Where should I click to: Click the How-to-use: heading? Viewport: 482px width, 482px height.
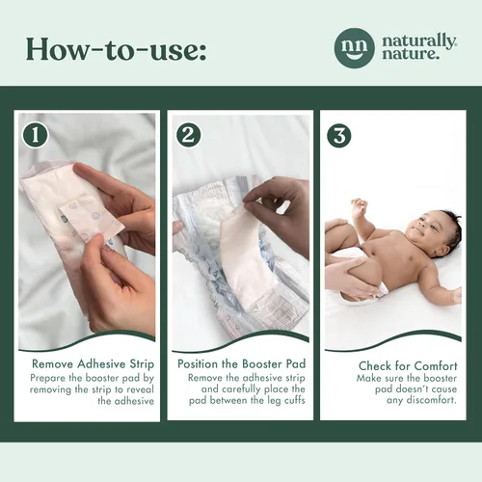click(x=116, y=49)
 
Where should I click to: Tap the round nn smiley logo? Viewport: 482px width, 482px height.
click(x=354, y=48)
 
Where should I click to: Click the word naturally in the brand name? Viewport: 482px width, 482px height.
click(x=418, y=41)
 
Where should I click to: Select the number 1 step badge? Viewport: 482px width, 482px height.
click(x=36, y=135)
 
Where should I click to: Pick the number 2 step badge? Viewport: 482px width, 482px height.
click(x=189, y=135)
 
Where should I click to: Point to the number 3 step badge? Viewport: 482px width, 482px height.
click(x=339, y=135)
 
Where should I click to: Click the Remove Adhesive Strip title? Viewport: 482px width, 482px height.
click(x=94, y=364)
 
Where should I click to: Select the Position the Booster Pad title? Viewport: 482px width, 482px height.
click(x=241, y=364)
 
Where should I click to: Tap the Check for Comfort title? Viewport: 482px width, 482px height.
click(x=408, y=365)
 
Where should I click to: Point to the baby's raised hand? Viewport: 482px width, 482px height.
click(x=359, y=205)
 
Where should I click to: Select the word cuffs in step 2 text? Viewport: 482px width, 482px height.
click(x=294, y=401)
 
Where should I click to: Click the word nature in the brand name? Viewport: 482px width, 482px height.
click(x=411, y=54)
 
